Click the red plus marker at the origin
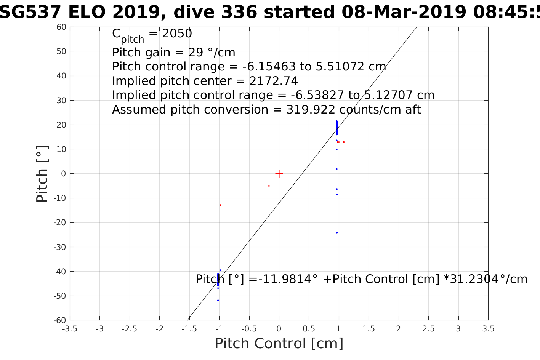[279, 174]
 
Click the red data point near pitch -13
[220, 205]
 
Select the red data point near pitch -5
[269, 186]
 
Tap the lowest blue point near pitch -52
[218, 300]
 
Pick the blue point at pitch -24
[337, 232]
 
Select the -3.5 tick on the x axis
[69, 329]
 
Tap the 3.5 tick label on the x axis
[488, 329]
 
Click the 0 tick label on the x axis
[279, 329]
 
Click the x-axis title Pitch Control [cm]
[279, 343]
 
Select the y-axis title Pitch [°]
[42, 174]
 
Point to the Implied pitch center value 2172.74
[273, 81]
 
